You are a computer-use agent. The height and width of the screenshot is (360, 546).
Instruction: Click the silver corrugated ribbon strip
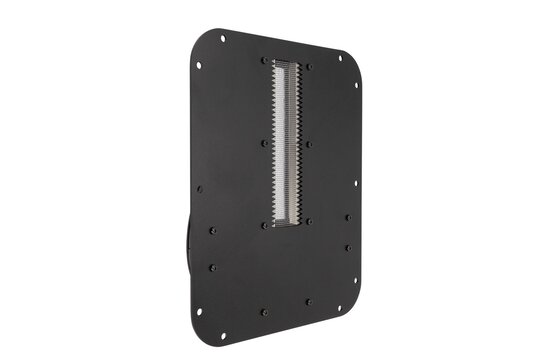click(288, 141)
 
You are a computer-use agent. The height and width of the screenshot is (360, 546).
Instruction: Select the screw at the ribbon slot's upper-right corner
click(309, 67)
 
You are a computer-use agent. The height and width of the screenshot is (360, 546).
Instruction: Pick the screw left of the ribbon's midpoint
click(265, 143)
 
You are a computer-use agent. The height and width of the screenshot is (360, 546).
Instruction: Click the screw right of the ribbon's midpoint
click(308, 145)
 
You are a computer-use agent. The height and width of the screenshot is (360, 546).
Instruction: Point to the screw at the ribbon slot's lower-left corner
click(265, 225)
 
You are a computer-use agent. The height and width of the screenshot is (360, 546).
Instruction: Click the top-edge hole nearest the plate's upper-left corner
click(222, 39)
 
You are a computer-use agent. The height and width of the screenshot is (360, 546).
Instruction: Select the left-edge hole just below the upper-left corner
click(198, 65)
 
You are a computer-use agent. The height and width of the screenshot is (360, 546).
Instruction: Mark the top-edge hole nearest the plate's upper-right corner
click(340, 58)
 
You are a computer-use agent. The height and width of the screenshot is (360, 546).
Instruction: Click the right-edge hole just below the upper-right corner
click(356, 84)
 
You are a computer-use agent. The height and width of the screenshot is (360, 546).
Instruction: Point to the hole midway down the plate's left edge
click(199, 188)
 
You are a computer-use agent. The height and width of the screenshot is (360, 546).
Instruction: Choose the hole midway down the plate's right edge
click(355, 183)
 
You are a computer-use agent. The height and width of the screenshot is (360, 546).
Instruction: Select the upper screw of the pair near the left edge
click(213, 230)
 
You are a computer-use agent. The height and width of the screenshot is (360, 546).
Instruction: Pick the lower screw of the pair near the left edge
click(212, 267)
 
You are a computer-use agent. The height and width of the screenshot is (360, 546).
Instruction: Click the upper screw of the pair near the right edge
click(348, 217)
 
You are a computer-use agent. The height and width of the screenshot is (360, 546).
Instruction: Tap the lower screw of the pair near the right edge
click(348, 247)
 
